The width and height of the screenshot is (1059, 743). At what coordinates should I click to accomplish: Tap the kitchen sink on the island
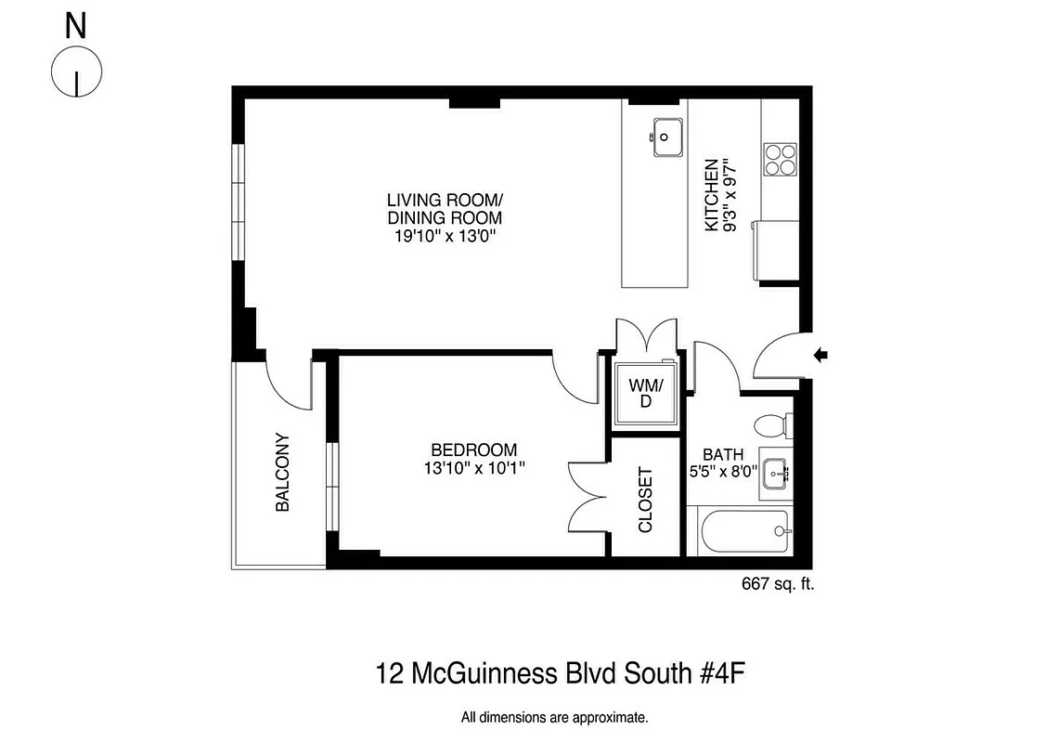point(666,137)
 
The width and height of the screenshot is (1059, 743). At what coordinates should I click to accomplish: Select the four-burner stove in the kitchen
point(780,159)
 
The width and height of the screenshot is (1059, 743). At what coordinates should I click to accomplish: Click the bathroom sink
point(776,473)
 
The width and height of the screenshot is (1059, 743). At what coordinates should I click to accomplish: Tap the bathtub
point(743,532)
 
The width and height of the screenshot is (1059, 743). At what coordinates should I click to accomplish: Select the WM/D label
point(646,393)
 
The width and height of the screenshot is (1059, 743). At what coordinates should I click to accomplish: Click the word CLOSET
point(646,499)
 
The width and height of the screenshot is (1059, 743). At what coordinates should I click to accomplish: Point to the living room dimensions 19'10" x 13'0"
point(445,236)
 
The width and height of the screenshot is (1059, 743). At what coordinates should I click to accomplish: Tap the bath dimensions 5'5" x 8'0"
point(723,472)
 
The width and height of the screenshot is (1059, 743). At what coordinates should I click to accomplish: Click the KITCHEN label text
point(711,196)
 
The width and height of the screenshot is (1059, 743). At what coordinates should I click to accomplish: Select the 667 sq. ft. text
point(777,584)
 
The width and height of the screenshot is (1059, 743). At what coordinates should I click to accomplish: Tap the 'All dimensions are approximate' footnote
point(554,717)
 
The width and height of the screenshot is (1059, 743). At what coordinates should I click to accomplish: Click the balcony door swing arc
point(291,385)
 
